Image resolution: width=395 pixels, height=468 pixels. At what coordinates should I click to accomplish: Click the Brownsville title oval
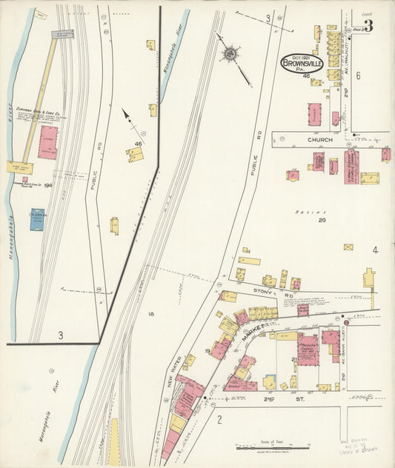302,63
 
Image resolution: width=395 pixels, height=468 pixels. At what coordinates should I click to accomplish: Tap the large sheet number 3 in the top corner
368,26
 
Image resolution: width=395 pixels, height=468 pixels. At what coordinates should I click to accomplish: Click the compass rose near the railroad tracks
230,53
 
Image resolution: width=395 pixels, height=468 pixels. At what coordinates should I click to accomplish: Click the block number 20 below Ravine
322,220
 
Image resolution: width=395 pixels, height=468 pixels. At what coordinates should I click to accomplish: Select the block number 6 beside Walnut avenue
358,76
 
